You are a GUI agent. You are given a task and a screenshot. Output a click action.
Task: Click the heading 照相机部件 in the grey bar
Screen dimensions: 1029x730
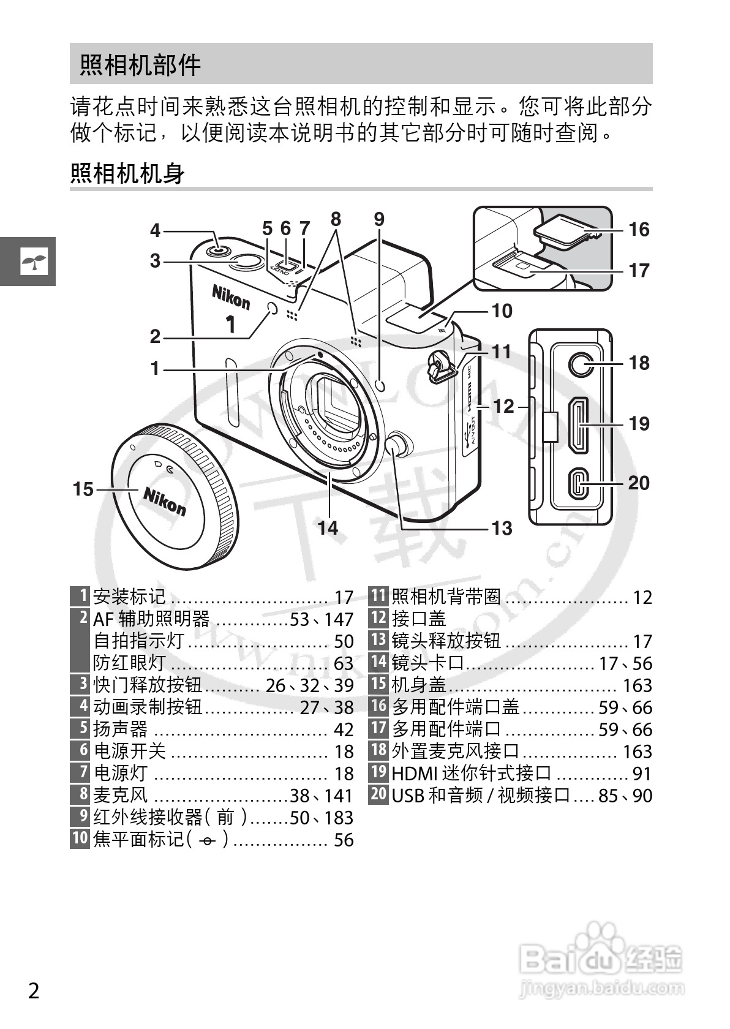[140, 64]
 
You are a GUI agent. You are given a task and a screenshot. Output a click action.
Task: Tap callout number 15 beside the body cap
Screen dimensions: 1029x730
[83, 489]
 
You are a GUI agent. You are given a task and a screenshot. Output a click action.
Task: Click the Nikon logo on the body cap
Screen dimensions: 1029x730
[164, 500]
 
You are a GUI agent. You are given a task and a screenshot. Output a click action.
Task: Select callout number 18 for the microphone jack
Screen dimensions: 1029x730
[639, 363]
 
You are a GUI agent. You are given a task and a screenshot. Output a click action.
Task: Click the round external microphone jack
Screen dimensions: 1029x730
[580, 364]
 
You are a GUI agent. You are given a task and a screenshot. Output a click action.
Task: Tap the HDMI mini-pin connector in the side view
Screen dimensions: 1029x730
[579, 425]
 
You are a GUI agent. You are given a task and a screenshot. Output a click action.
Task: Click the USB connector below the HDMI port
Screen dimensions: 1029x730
[579, 483]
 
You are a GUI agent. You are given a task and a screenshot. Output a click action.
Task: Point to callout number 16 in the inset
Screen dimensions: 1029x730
[639, 230]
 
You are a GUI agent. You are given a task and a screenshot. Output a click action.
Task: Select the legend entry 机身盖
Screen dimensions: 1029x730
[419, 685]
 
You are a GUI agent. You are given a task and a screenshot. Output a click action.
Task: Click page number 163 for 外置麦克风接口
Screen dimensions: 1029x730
[637, 752]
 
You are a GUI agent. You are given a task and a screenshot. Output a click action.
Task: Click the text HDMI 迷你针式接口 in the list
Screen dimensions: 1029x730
[472, 774]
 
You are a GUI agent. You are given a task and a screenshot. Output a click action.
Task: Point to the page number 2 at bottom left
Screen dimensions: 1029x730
[34, 990]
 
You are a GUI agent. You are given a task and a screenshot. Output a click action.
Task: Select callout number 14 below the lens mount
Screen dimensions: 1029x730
[328, 527]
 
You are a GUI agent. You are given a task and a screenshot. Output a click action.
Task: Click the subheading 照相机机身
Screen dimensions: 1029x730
[127, 173]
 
